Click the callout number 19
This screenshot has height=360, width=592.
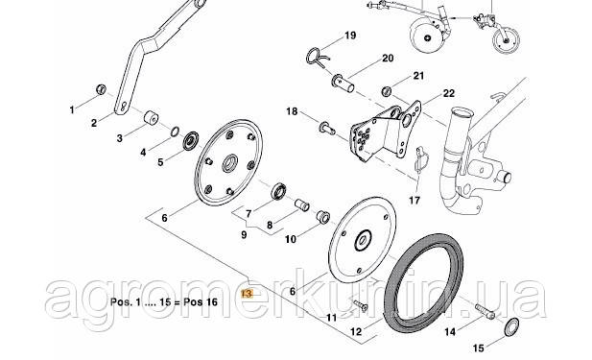(x=349, y=36)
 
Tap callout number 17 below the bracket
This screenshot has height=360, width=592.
(x=414, y=202)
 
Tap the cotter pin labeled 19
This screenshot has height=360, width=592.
(x=320, y=55)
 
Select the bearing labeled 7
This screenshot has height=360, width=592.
(x=279, y=188)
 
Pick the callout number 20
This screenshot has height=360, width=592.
(x=388, y=58)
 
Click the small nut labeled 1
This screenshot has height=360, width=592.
(x=98, y=89)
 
